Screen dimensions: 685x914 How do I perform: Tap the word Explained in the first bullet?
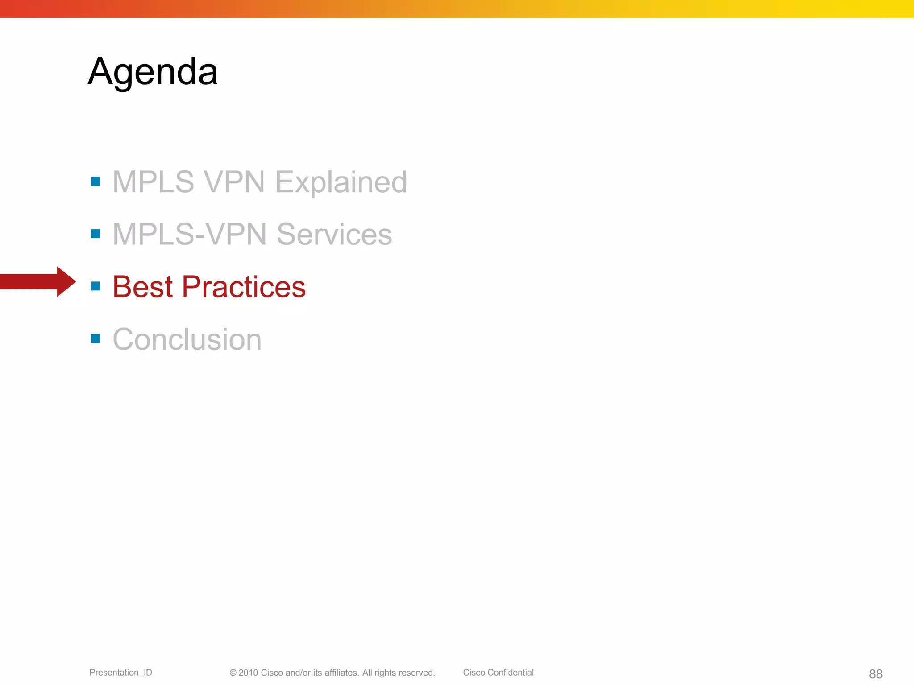coord(341,182)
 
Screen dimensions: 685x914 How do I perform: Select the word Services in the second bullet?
coord(334,234)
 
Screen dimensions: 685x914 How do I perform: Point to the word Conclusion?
coord(187,339)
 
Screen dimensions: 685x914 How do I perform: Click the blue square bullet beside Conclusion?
coord(96,338)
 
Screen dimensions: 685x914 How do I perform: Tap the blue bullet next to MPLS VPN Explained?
coord(96,181)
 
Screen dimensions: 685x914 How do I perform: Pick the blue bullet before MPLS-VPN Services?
coord(96,234)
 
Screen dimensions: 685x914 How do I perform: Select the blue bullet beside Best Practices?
coord(96,286)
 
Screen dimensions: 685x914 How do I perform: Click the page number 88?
coord(876,674)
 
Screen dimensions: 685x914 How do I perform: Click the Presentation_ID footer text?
coord(120,673)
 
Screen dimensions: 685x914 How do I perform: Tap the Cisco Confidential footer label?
coord(498,673)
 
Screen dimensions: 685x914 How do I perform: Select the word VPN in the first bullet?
coord(234,182)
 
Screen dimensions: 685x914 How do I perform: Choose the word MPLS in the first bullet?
coord(153,182)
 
